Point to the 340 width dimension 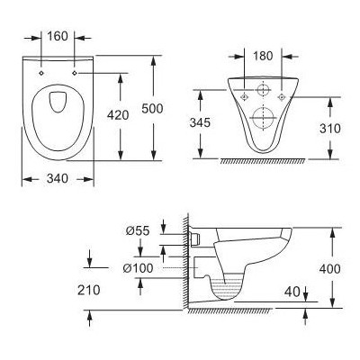tap(58, 177)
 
